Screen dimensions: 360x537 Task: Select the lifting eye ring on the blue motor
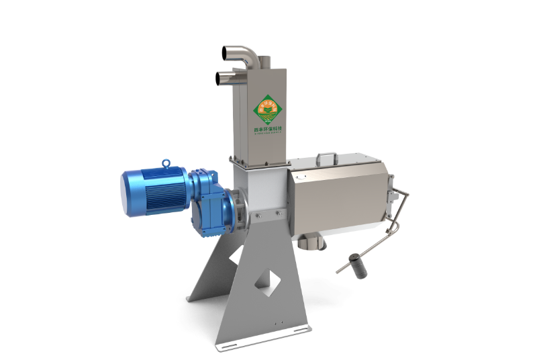coord(165,163)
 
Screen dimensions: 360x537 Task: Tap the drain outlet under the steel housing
coord(311,240)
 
